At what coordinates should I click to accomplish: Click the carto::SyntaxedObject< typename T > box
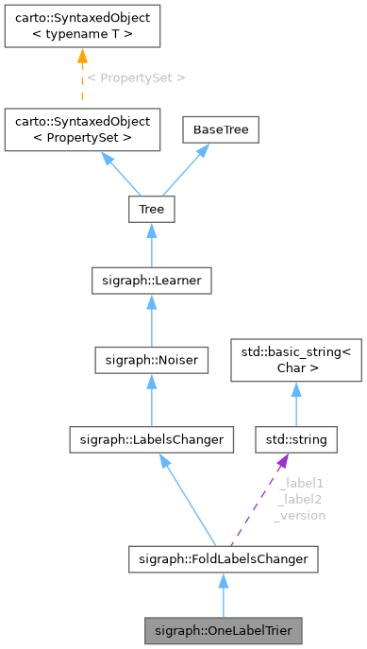80,26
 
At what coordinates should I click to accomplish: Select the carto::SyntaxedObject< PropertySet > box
80,129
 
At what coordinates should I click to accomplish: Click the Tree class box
151,209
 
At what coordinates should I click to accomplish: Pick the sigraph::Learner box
151,281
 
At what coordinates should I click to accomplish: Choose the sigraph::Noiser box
151,359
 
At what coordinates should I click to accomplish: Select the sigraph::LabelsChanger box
151,439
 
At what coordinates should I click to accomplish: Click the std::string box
295,439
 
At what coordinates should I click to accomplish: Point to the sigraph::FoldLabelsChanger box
223,559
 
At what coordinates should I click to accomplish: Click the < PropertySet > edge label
136,77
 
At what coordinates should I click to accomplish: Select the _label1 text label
301,482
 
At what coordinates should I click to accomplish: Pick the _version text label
301,516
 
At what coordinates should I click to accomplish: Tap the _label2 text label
301,499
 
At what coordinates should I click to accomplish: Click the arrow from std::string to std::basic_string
295,404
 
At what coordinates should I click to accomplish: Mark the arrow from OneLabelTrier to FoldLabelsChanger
223,595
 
